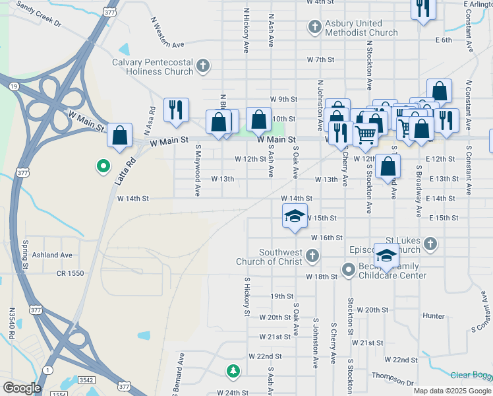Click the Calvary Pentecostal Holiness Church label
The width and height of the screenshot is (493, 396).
tap(152, 67)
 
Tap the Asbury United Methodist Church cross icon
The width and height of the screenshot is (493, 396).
tap(315, 27)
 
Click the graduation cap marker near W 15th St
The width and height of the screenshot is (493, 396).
tap(295, 216)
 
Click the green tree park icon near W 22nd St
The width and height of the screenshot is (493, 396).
tap(233, 372)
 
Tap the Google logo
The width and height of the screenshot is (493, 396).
tap(22, 388)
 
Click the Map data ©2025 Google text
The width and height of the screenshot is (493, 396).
tap(451, 391)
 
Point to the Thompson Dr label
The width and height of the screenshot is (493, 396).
tap(391, 378)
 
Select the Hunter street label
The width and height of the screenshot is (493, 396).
tap(434, 316)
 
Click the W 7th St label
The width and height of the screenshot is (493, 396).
tap(320, 59)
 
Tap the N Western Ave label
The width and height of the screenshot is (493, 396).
tap(168, 34)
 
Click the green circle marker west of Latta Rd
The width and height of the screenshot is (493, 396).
tap(102, 166)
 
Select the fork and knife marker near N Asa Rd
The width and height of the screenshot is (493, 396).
tap(176, 110)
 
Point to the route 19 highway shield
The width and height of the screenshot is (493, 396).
tap(13, 86)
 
